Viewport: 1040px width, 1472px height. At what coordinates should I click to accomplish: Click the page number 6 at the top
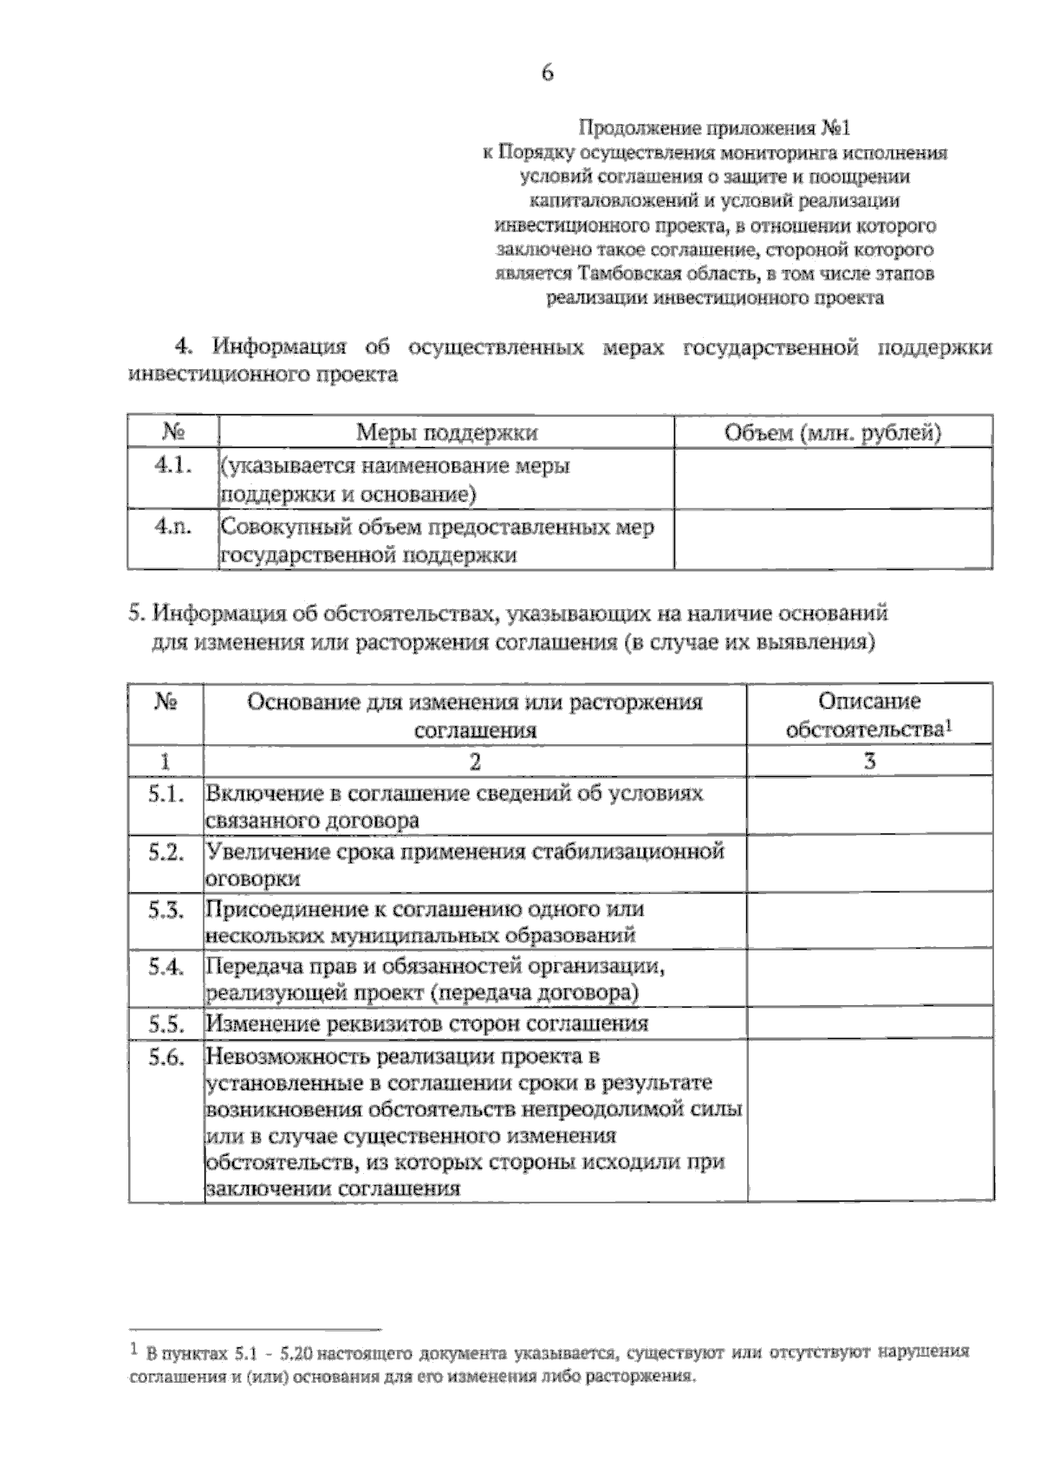[x=547, y=73]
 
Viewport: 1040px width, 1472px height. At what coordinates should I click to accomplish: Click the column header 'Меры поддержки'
[x=446, y=432]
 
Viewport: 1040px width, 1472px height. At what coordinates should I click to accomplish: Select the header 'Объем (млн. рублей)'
[x=833, y=432]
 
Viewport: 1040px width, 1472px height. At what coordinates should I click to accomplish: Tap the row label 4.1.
[x=172, y=465]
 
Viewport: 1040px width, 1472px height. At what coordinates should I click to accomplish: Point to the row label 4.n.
[x=172, y=526]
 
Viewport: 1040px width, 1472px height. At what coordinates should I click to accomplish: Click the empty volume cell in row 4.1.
[x=833, y=479]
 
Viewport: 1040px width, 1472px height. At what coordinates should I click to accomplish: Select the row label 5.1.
[x=166, y=794]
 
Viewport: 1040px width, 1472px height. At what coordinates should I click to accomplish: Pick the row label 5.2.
[x=166, y=852]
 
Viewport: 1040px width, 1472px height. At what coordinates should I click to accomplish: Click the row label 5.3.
[x=166, y=910]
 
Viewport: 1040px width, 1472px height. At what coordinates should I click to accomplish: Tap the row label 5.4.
[x=166, y=967]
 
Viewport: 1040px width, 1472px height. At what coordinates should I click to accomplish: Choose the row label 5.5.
[x=166, y=1024]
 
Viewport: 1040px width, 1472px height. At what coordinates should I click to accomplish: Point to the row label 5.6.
[x=166, y=1057]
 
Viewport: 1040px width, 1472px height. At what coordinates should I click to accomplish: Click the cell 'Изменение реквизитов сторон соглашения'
[x=427, y=1024]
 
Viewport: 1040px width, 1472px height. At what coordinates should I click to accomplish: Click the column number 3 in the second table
[x=870, y=761]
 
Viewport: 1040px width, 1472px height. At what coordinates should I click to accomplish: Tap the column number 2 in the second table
[x=474, y=761]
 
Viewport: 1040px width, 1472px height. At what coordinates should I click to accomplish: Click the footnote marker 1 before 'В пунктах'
[x=133, y=1349]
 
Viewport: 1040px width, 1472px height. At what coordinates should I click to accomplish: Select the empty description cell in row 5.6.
[x=870, y=1120]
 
